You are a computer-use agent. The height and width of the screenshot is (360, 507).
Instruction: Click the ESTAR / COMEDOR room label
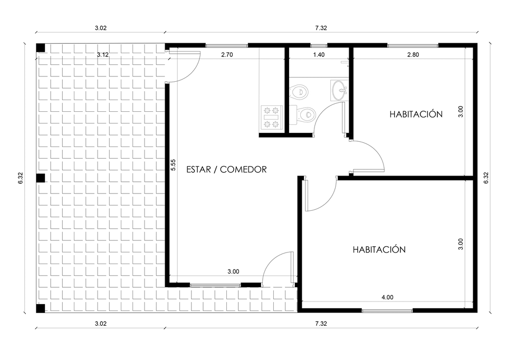[226, 169]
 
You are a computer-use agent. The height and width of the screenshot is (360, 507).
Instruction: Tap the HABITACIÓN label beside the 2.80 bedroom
[416, 114]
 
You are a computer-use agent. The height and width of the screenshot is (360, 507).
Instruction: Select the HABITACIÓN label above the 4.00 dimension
[379, 249]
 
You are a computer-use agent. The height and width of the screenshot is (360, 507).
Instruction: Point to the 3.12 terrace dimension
[103, 55]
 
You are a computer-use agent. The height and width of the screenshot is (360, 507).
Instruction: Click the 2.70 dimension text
[227, 55]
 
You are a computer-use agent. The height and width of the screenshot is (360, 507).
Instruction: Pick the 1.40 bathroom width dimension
[319, 55]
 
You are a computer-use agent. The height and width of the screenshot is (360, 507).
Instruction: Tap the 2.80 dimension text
[413, 55]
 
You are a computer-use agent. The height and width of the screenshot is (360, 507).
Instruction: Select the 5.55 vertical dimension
[174, 165]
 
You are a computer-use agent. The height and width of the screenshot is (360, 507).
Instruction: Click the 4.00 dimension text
[387, 297]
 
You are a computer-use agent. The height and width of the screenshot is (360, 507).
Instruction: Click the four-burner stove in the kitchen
[271, 118]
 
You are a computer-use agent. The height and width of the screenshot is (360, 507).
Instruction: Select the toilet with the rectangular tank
[303, 115]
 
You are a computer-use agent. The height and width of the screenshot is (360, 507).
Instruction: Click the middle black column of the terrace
[41, 178]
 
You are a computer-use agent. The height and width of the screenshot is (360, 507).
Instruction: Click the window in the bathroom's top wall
[319, 45]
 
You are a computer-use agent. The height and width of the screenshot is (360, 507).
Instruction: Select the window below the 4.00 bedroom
[387, 310]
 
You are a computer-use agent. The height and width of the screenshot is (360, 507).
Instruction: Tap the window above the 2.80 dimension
[413, 45]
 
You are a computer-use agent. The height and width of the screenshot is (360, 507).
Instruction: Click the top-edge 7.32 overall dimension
[321, 28]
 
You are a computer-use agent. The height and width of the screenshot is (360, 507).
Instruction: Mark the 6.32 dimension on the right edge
[486, 178]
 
